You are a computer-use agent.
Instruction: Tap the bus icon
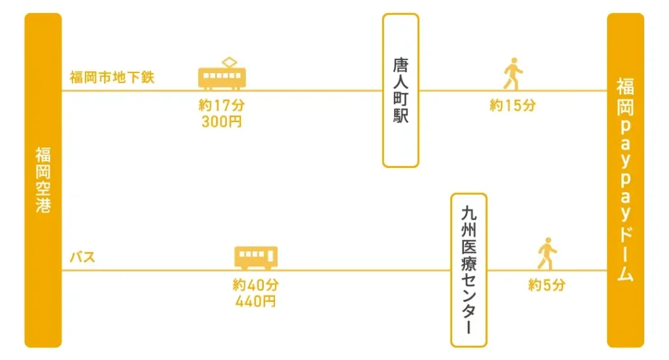click(x=256, y=257)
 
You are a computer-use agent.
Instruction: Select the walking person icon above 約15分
click(x=513, y=73)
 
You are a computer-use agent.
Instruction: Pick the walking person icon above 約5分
click(x=547, y=254)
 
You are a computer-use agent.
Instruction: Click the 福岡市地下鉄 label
click(x=112, y=77)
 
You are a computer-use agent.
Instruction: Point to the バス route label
click(x=82, y=257)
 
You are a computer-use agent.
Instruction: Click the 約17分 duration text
click(x=221, y=105)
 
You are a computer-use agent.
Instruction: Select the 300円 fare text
click(x=221, y=122)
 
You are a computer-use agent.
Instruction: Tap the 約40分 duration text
click(x=255, y=284)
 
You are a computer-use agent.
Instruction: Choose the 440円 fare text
click(x=255, y=302)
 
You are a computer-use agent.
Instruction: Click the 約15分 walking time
click(x=512, y=105)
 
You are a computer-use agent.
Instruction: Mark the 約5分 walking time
click(x=547, y=284)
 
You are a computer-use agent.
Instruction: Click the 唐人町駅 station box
click(x=400, y=90)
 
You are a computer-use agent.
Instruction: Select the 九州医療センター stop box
click(x=469, y=270)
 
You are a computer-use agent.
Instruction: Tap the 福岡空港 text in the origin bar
click(x=43, y=180)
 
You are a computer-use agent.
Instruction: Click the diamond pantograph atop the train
click(x=229, y=62)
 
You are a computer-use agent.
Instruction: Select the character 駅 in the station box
click(x=400, y=116)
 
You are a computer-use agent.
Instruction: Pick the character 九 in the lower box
click(x=469, y=214)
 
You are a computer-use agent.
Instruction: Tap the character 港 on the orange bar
click(x=43, y=205)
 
